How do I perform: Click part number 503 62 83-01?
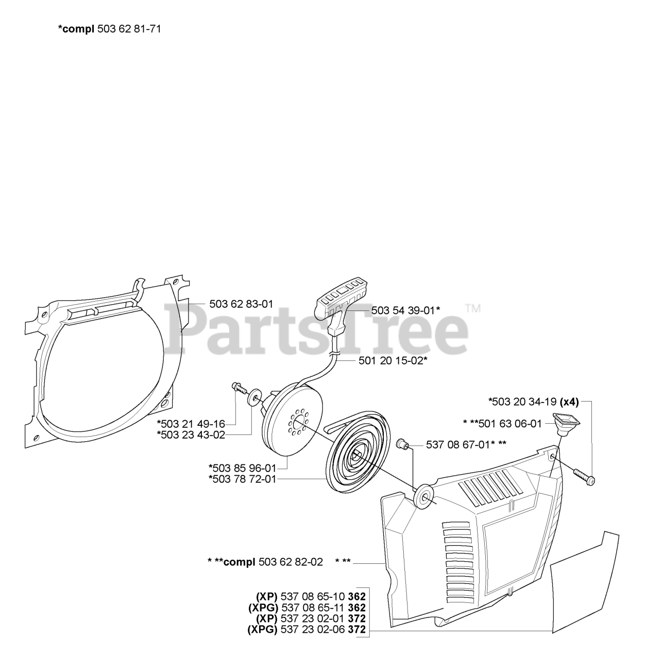pyautogui.click(x=241, y=304)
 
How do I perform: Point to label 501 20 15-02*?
pyautogui.click(x=393, y=360)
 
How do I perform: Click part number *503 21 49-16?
pyautogui.click(x=191, y=424)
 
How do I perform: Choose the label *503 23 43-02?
pyautogui.click(x=191, y=435)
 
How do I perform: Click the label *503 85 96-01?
pyautogui.click(x=242, y=468)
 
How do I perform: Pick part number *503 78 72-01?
pyautogui.click(x=242, y=479)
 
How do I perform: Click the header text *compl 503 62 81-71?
pyautogui.click(x=109, y=29)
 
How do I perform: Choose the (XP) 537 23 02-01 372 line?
pyautogui.click(x=311, y=618)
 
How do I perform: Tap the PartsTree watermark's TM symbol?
pyautogui.click(x=472, y=309)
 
